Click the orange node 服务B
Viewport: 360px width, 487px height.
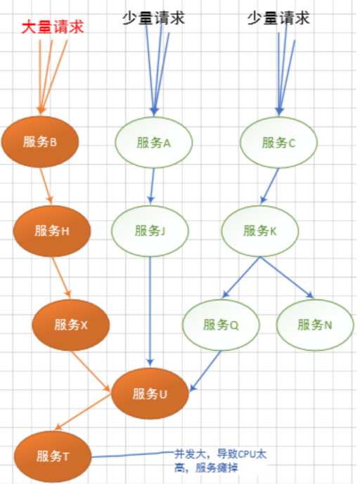tap(39, 141)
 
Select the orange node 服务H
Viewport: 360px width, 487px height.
tap(51, 230)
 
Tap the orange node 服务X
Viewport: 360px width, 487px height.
tap(70, 325)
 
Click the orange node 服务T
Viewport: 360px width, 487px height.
tap(51, 456)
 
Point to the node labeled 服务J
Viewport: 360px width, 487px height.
tap(150, 230)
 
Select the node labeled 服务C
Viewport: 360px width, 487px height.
tap(278, 142)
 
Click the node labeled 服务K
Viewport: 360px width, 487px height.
tap(260, 230)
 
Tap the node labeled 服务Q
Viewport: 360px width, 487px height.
tap(221, 325)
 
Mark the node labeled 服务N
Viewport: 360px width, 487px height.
tap(314, 325)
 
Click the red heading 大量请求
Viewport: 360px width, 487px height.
tap(52, 27)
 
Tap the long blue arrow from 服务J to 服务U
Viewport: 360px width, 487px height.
tap(150, 309)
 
